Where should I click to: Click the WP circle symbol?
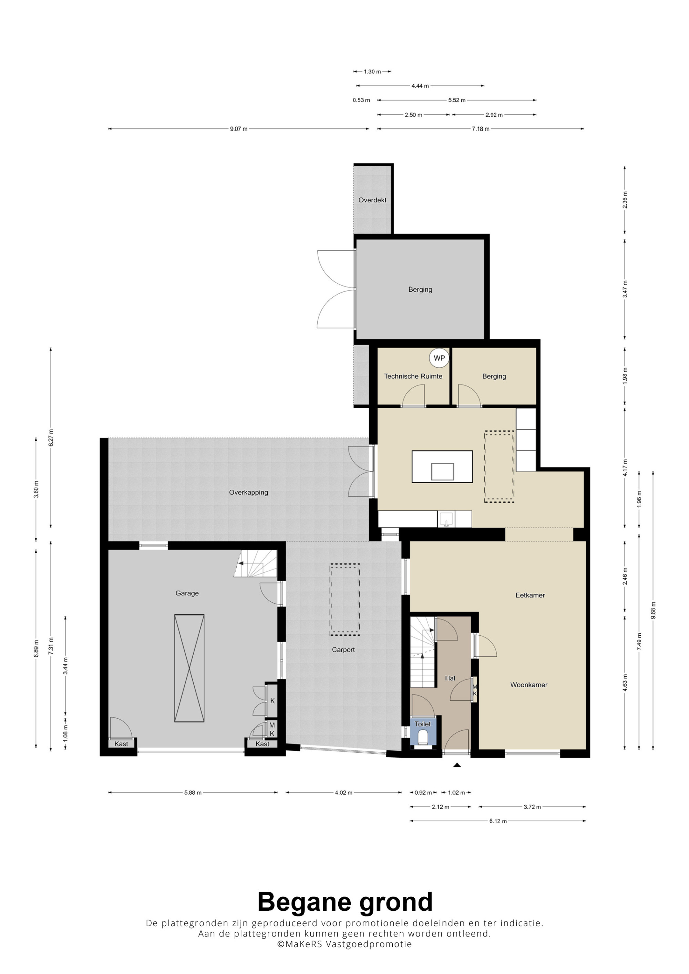(439, 358)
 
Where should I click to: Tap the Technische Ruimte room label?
(413, 376)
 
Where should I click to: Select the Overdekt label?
(372, 200)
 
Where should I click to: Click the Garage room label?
(187, 593)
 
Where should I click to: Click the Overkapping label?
(248, 493)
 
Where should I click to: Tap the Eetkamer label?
(530, 595)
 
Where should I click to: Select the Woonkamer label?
(529, 685)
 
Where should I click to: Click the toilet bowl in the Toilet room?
(423, 739)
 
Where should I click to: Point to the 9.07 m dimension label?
(239, 129)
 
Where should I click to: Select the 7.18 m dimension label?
(481, 129)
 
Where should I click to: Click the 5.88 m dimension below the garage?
(193, 792)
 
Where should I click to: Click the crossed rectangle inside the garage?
(189, 668)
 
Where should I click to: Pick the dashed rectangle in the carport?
(345, 600)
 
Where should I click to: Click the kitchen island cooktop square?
(442, 471)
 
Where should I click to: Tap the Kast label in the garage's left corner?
(121, 744)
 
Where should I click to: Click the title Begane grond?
(345, 901)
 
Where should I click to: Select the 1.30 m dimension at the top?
(372, 72)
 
